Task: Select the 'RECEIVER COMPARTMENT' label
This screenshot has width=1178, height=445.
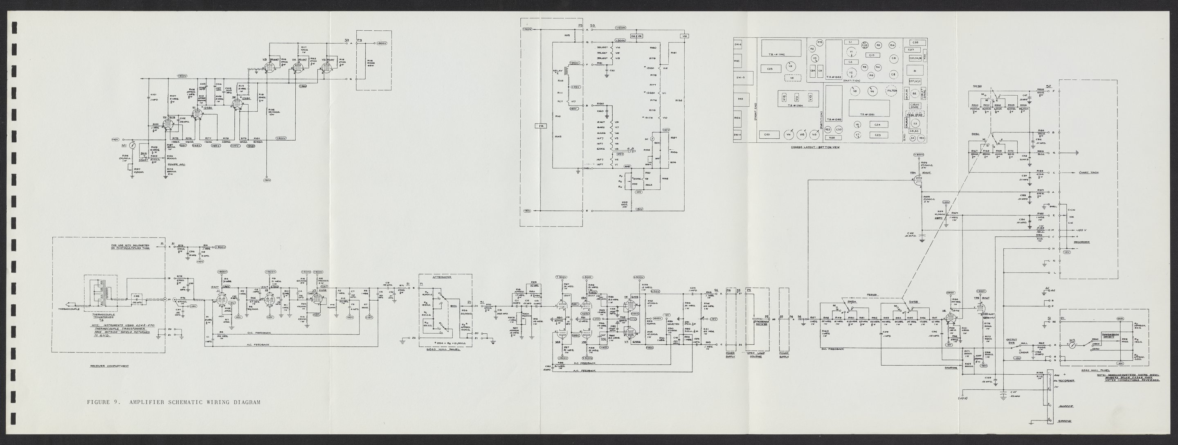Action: click(x=109, y=366)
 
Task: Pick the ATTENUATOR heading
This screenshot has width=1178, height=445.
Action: click(x=441, y=277)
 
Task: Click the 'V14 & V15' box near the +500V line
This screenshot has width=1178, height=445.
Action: click(x=636, y=36)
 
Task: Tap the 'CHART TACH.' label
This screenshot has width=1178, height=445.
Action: click(x=1088, y=173)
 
